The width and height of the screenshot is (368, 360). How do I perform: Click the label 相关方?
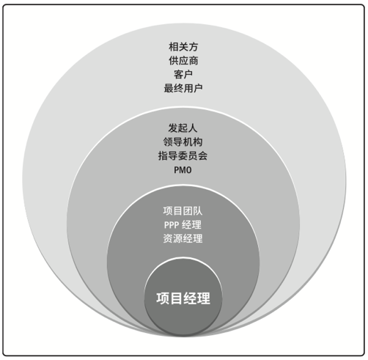183,47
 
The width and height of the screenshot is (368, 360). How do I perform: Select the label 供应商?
183,60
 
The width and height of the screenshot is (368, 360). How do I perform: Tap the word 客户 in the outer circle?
183,74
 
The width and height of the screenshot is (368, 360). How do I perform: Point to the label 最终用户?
183,88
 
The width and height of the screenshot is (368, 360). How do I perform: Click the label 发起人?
183,128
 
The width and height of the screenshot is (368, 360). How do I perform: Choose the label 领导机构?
183,142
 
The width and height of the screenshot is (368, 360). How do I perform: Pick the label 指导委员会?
183,155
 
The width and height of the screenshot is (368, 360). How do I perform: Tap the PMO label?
183,170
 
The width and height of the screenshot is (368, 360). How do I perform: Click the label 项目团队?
183,211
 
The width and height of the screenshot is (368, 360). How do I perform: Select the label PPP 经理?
183,224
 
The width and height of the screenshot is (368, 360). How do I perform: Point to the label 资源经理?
183,238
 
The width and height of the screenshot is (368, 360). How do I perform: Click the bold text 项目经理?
183,298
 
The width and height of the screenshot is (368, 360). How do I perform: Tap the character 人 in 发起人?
193,128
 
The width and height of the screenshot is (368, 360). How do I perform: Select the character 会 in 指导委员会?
202,155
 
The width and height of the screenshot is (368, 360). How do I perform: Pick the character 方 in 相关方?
194,47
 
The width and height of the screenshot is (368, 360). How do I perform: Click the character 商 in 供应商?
194,60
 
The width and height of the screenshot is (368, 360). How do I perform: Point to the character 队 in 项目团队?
198,211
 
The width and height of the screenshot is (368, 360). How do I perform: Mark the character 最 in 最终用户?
169,88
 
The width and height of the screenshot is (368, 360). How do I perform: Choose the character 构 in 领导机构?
198,142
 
